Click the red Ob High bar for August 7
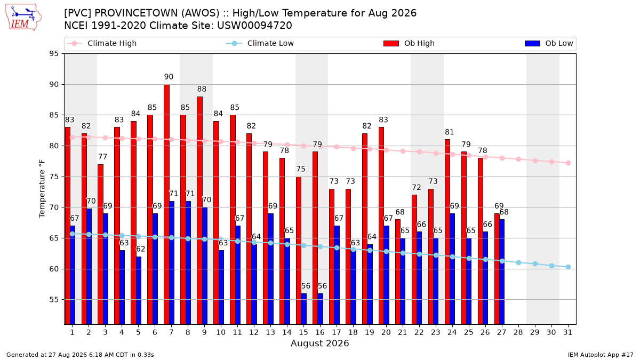pyautogui.click(x=166, y=205)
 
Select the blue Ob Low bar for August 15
pyautogui.click(x=303, y=309)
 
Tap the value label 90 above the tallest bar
pyautogui.click(x=169, y=77)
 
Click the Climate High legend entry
pyautogui.click(x=101, y=43)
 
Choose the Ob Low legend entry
pyautogui.click(x=549, y=43)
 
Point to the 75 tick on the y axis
pyautogui.click(x=54, y=177)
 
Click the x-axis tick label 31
pyautogui.click(x=567, y=332)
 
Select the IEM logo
pyautogui.click(x=23, y=18)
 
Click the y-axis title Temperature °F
pyautogui.click(x=42, y=189)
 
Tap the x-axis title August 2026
pyautogui.click(x=319, y=343)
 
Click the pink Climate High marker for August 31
pyautogui.click(x=568, y=163)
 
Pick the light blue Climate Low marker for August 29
pyautogui.click(x=535, y=263)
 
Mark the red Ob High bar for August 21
pyautogui.click(x=398, y=272)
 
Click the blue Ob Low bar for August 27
pyautogui.click(x=502, y=272)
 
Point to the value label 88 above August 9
pyautogui.click(x=202, y=89)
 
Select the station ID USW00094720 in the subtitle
pyautogui.click(x=254, y=26)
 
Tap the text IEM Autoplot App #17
pyautogui.click(x=601, y=355)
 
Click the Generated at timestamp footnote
pyautogui.click(x=80, y=355)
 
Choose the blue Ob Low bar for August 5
pyautogui.click(x=139, y=291)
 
